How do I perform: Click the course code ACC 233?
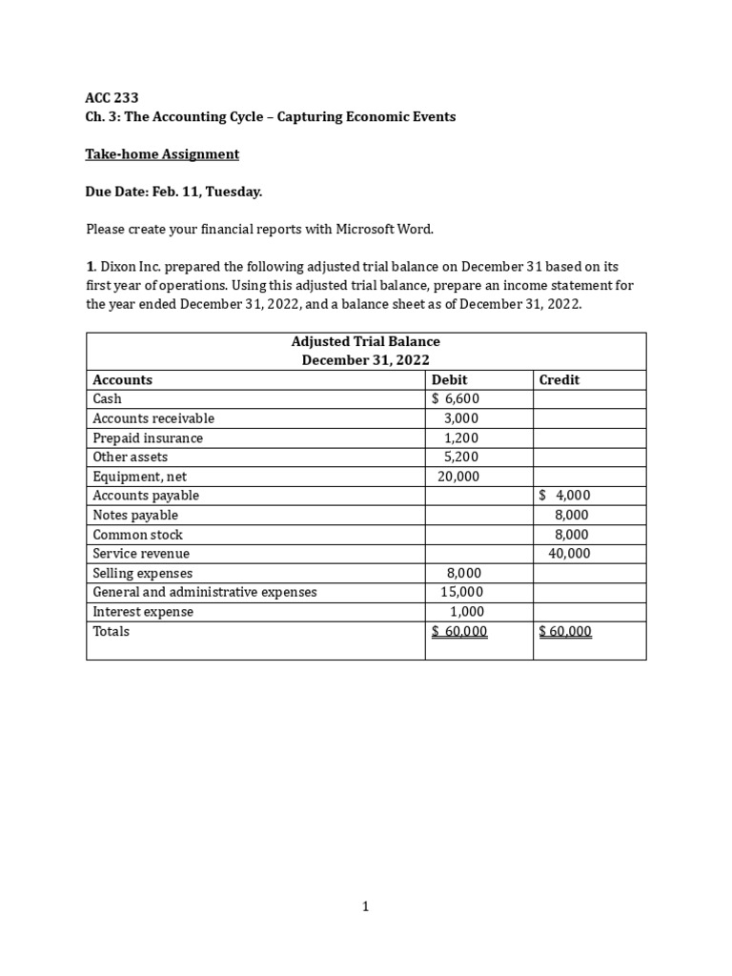(112, 97)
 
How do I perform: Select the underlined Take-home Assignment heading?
(162, 154)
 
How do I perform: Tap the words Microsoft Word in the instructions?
(389, 229)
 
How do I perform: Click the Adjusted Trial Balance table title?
(365, 341)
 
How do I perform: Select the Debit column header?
(450, 379)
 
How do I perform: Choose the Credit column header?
(559, 379)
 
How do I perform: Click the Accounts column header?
(122, 379)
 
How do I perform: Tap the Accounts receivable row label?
(153, 418)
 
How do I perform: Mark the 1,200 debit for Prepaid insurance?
(461, 438)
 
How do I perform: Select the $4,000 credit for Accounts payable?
(564, 496)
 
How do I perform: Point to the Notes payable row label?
(135, 515)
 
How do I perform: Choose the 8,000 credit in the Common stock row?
(572, 535)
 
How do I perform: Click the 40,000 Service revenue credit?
(569, 554)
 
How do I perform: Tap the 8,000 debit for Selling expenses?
(464, 573)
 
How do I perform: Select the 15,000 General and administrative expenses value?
(461, 592)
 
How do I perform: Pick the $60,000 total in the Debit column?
(459, 631)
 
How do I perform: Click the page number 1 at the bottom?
(365, 907)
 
